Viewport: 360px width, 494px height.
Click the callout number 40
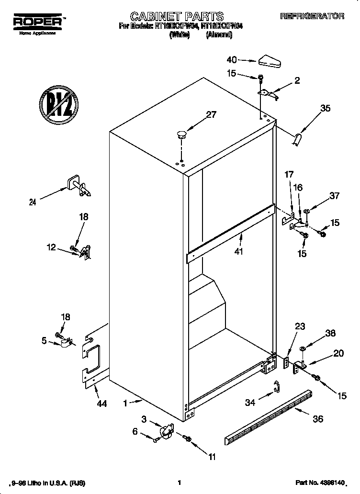[x=232, y=60]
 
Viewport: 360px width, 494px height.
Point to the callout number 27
[x=211, y=114]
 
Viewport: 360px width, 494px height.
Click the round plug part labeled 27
[x=180, y=134]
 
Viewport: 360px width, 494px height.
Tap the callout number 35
[x=325, y=108]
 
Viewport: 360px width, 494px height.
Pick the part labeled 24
[x=78, y=186]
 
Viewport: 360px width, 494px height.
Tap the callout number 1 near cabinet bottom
[x=125, y=404]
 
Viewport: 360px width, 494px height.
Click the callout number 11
[x=211, y=457]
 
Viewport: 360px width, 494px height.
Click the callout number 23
[x=300, y=327]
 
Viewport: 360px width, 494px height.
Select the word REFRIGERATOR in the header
[x=312, y=16]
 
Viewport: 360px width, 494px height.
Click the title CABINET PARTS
[x=177, y=17]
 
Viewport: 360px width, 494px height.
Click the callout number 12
[x=51, y=247]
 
